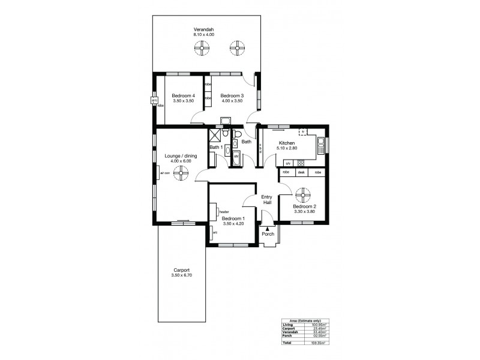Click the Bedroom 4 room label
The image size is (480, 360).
[184, 96]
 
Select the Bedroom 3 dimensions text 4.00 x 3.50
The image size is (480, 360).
[231, 102]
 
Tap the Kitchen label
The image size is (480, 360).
[286, 143]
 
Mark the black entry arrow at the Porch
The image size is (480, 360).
[267, 227]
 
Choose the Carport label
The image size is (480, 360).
[179, 270]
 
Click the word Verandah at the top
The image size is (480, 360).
[203, 29]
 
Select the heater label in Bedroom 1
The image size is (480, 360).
[225, 211]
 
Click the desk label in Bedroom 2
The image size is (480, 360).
[302, 173]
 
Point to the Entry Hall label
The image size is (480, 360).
[268, 200]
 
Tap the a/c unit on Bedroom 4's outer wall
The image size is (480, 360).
[153, 100]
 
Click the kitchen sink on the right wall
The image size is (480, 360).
[322, 144]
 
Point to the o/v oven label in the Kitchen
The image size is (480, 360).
[287, 163]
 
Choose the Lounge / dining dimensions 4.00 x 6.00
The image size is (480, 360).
[181, 161]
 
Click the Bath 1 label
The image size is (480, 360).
[216, 147]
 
